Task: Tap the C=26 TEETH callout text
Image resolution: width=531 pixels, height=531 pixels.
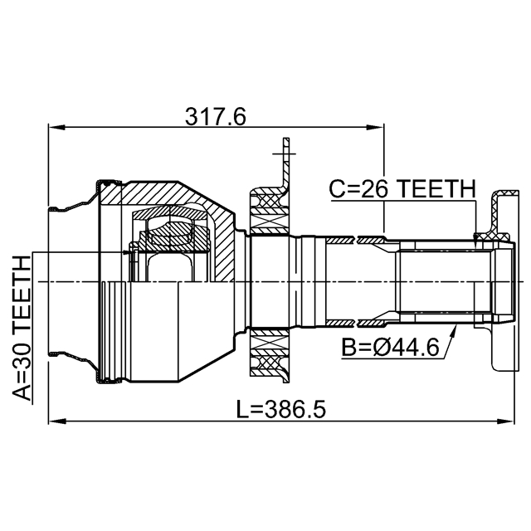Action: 402,189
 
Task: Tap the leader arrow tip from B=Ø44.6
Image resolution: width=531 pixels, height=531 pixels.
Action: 455,328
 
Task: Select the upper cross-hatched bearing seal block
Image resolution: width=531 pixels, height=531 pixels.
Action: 268,204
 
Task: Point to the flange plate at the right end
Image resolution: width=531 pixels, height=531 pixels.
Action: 500,282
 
